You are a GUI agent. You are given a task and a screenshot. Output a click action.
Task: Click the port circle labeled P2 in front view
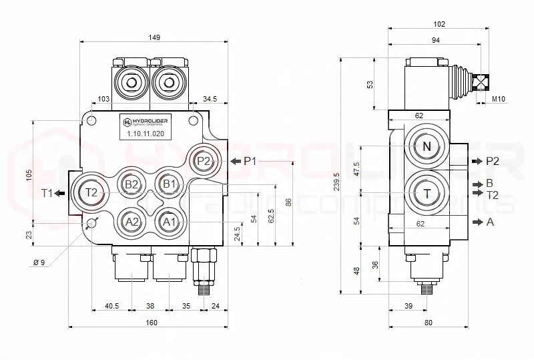pyautogui.click(x=204, y=161)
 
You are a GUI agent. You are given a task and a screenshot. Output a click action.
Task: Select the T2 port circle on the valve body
pyautogui.click(x=92, y=193)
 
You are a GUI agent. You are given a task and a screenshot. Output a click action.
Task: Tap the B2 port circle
pyautogui.click(x=131, y=184)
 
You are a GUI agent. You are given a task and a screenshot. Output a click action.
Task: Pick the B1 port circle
pyautogui.click(x=169, y=184)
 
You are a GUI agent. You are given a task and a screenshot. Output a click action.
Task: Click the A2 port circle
pyautogui.click(x=131, y=222)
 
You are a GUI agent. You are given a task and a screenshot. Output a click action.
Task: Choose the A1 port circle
pyautogui.click(x=169, y=222)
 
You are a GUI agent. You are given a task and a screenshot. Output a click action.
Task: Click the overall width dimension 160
pyautogui.click(x=151, y=323)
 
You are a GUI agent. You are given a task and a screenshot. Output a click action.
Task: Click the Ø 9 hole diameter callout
pyautogui.click(x=39, y=262)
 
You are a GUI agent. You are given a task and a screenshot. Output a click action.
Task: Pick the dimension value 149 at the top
pyautogui.click(x=154, y=38)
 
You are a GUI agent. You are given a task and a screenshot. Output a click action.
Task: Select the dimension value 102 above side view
pyautogui.click(x=439, y=24)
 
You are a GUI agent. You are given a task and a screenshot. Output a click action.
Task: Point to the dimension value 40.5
pyautogui.click(x=111, y=306)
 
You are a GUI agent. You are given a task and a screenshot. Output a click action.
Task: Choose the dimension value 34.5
pyautogui.click(x=210, y=99)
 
